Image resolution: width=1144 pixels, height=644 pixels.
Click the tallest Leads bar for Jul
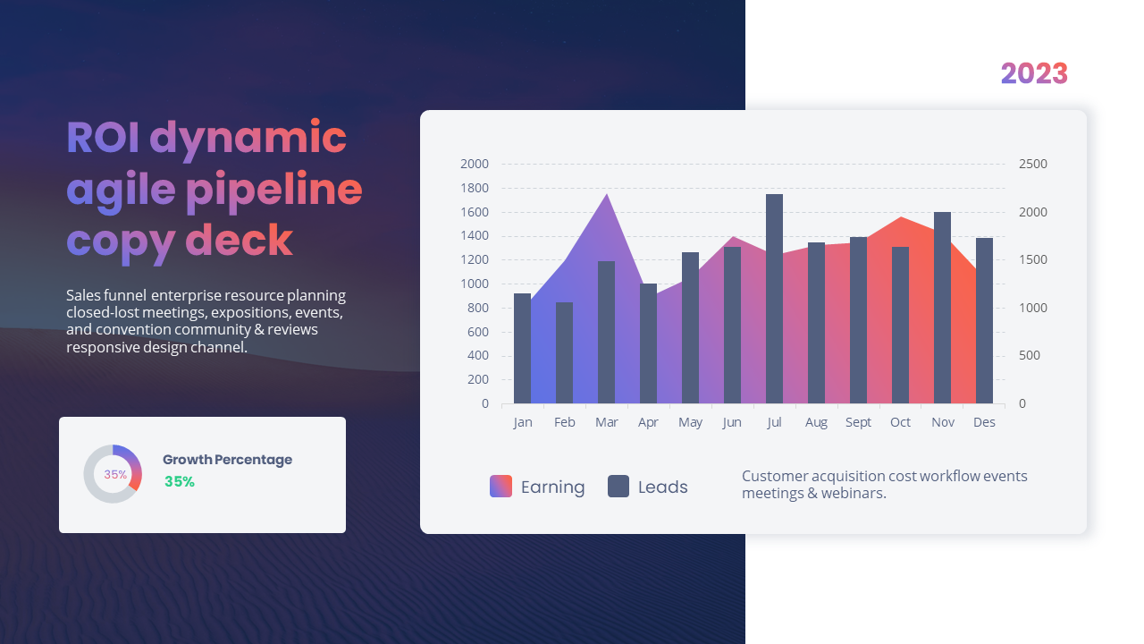[x=774, y=299]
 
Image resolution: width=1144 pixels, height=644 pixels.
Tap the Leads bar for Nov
[x=942, y=308]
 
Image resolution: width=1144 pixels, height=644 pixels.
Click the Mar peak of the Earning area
[x=607, y=196]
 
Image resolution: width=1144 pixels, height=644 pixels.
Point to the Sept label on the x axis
[x=858, y=422]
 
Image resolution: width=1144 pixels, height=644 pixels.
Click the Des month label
[x=984, y=422]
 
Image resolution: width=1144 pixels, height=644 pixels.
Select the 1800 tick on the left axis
[x=475, y=188]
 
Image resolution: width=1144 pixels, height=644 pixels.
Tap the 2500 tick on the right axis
[x=1032, y=164]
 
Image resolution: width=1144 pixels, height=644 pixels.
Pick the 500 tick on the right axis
[x=1029, y=355]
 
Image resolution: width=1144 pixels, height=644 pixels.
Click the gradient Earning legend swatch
[x=500, y=486]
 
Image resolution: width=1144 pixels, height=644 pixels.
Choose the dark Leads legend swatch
[x=618, y=486]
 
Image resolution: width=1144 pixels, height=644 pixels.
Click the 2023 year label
[x=1034, y=73]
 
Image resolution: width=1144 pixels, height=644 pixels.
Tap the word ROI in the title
[x=103, y=138]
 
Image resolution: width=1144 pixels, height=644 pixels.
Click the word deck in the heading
[x=239, y=240]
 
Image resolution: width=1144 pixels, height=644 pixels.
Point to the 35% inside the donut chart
[x=115, y=474]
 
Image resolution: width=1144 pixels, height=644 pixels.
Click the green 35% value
[x=179, y=481]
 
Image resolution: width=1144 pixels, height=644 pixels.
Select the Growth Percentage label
[x=227, y=460]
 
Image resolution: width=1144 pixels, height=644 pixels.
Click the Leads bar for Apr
[x=648, y=343]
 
